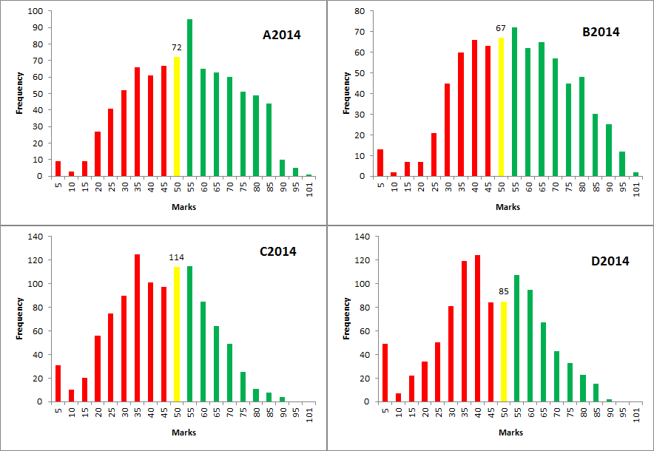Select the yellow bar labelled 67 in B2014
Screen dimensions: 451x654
(501, 107)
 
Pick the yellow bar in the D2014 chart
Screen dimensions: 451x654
(504, 351)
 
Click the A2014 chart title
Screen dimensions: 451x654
(282, 34)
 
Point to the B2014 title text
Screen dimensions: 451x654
(600, 32)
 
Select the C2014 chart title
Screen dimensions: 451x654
(277, 251)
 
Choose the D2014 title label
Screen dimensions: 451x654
(610, 261)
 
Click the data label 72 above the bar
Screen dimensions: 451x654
(177, 48)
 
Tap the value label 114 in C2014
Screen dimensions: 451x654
(177, 257)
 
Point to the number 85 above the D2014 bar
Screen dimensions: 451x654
(504, 291)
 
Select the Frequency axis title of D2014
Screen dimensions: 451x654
(345, 319)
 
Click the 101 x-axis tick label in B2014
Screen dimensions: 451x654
(636, 189)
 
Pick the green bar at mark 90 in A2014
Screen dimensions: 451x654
(283, 168)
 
